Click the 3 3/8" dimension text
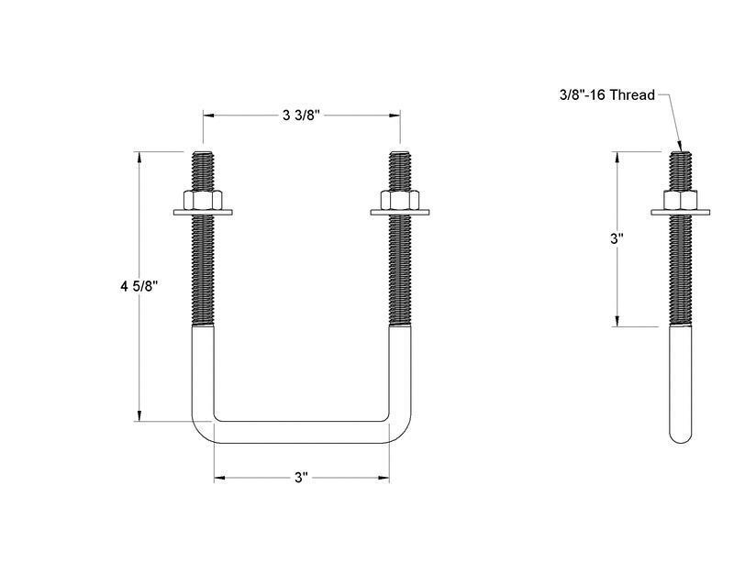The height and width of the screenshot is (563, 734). click(x=302, y=115)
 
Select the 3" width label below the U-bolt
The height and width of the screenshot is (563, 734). click(x=301, y=478)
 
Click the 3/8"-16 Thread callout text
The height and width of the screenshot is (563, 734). click(x=606, y=94)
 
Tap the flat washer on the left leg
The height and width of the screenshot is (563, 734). click(x=203, y=214)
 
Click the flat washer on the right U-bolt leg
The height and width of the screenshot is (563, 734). click(x=399, y=214)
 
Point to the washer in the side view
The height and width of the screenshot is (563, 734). click(x=680, y=214)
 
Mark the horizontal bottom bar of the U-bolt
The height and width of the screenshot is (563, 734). click(x=301, y=433)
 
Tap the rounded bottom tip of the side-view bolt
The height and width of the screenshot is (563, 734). click(x=680, y=435)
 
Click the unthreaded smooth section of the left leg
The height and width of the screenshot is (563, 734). click(x=203, y=367)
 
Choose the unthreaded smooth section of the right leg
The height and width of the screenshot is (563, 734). click(x=399, y=367)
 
